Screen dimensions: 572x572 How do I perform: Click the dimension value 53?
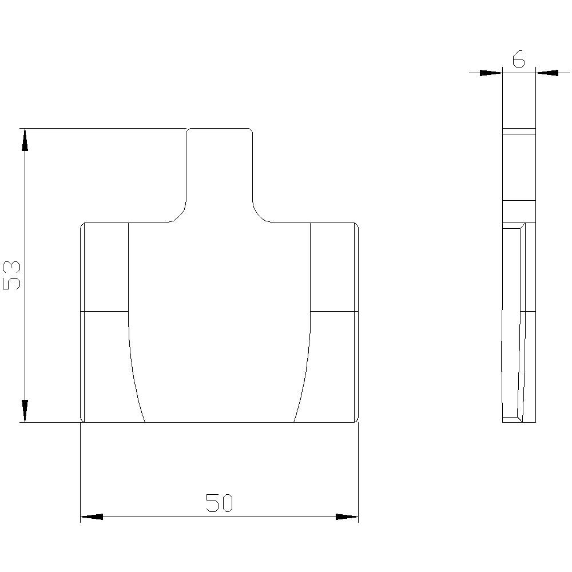(12, 275)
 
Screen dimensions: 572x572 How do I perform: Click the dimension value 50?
(220, 503)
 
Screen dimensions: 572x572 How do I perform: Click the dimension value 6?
(518, 59)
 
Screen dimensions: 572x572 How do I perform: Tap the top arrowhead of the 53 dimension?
(25, 140)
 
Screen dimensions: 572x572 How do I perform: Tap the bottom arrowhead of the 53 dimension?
(25, 411)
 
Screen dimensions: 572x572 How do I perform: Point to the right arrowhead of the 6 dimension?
(547, 73)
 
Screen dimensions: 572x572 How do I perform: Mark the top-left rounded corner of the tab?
(188, 131)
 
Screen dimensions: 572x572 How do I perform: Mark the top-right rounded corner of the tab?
(251, 131)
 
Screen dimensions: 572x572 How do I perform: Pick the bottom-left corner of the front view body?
(82, 421)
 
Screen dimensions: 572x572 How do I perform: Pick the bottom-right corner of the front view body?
(356, 421)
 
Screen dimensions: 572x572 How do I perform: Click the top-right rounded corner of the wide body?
(356, 225)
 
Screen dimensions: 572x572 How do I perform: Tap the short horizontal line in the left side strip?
(105, 312)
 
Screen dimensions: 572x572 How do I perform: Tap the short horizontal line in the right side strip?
(333, 312)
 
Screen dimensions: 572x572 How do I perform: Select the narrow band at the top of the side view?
(519, 131)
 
